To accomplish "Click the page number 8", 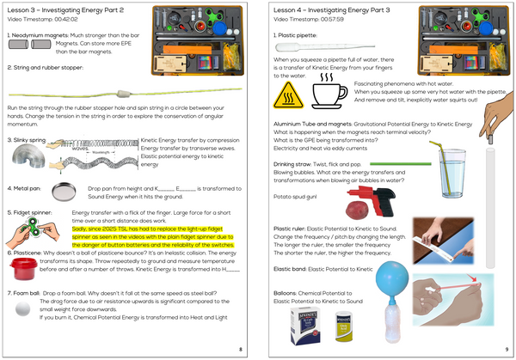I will (240, 348).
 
